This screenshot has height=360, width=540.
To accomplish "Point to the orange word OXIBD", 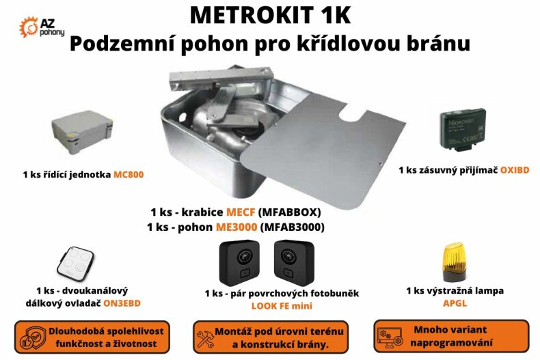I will tap(513, 169).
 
